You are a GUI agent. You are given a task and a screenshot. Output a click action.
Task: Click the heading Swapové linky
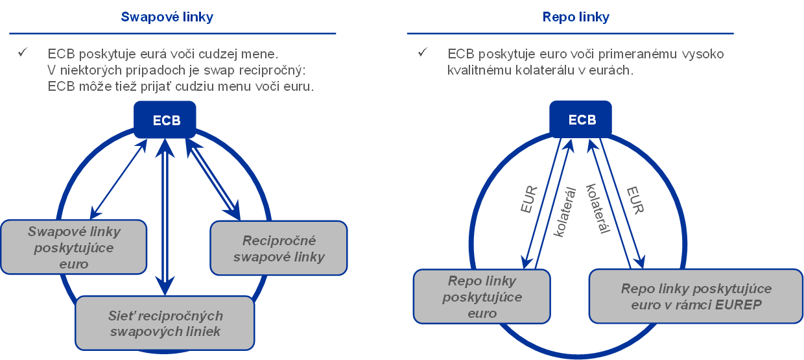click(167, 17)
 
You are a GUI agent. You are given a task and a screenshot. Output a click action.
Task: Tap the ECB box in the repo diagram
click(582, 121)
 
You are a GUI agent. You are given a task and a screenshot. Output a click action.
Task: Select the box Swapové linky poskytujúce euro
click(73, 247)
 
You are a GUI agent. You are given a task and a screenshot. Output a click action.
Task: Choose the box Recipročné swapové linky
click(279, 248)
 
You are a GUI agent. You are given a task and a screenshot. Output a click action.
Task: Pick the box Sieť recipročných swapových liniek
click(165, 324)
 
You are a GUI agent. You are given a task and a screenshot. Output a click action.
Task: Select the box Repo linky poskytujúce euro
click(482, 297)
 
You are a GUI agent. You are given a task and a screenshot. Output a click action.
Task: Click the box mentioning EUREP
click(696, 296)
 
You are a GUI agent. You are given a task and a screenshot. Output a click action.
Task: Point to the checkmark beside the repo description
click(423, 53)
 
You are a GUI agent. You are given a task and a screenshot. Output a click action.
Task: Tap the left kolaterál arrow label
click(563, 211)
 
